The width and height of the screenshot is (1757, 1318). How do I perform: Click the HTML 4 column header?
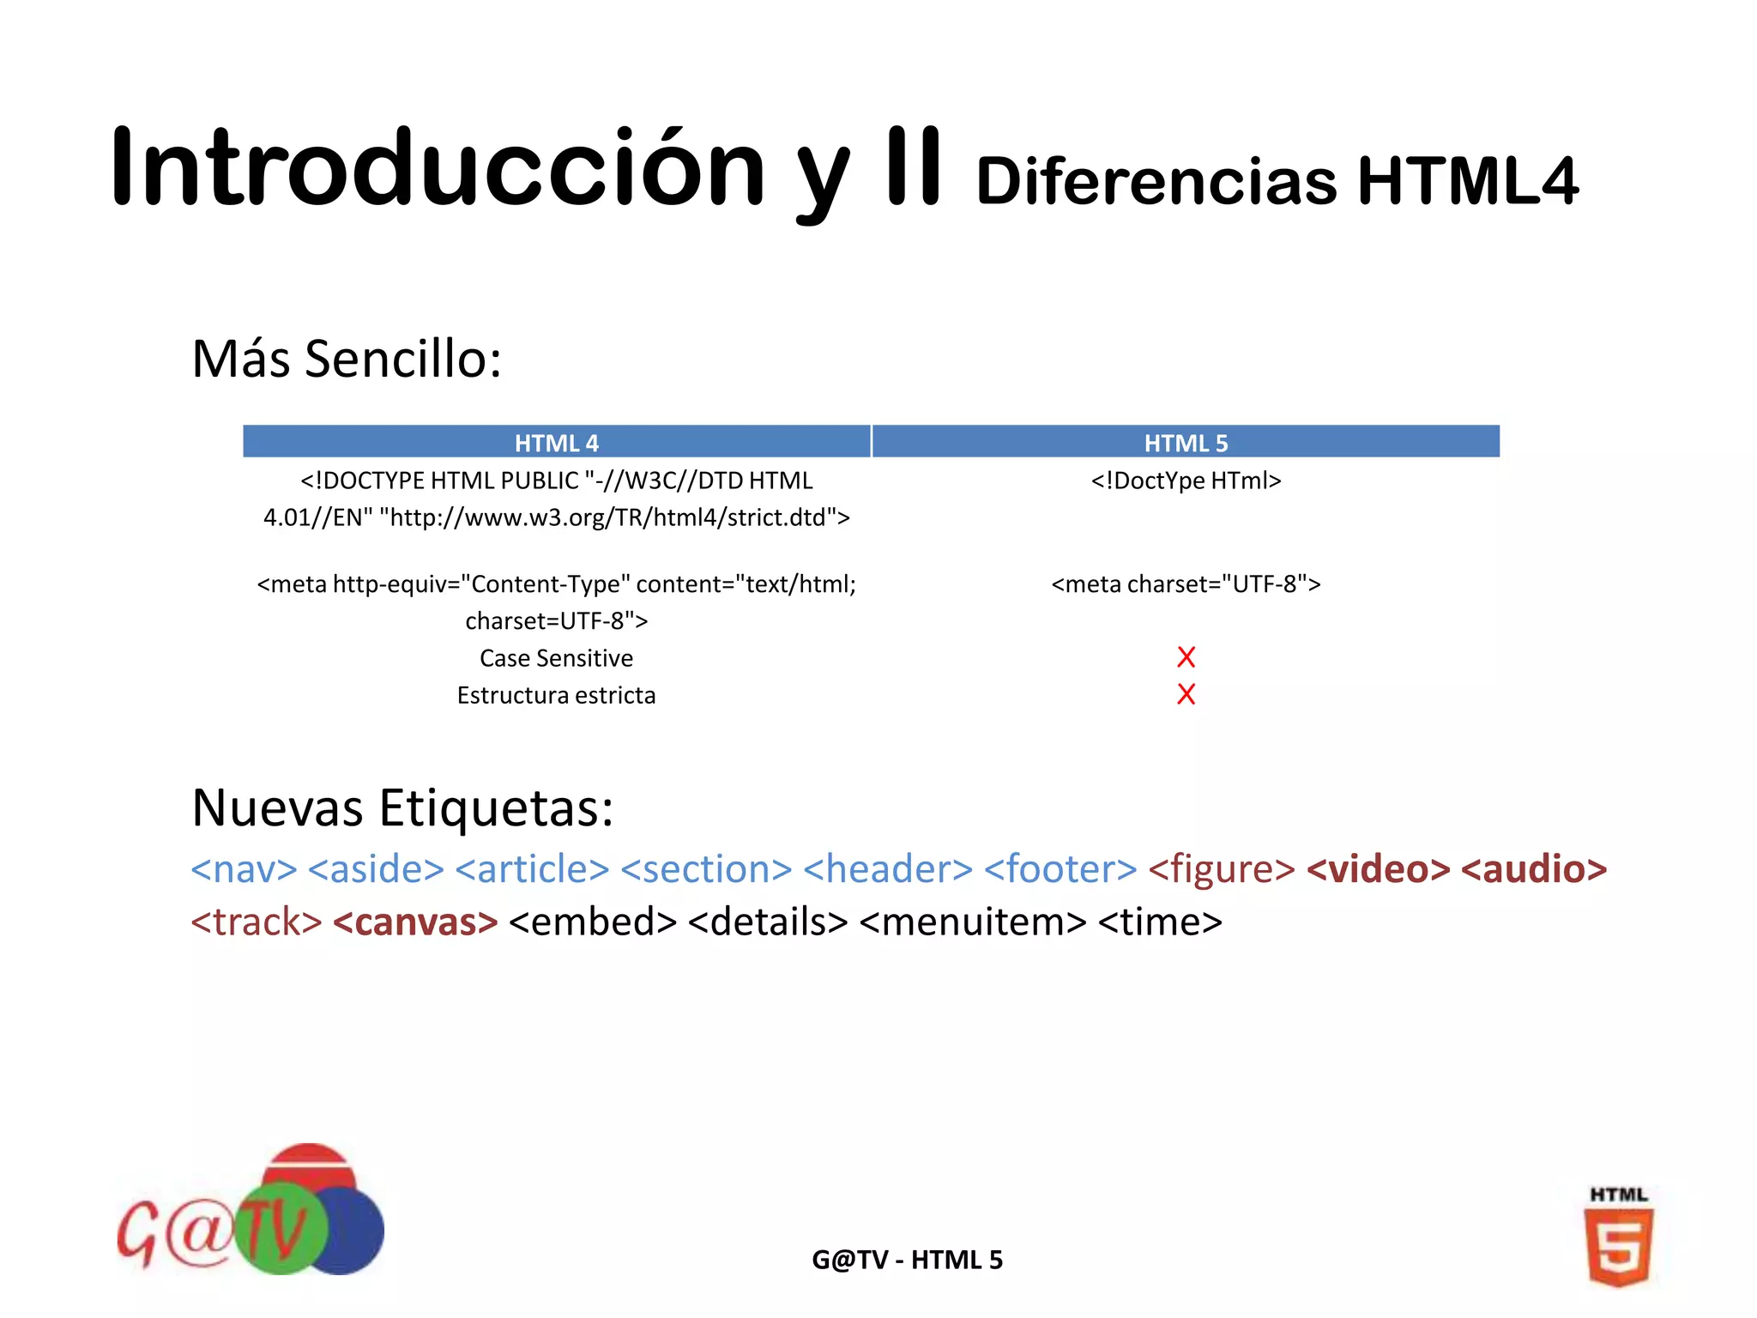pos(556,443)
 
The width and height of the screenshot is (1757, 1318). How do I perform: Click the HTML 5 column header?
pos(1186,443)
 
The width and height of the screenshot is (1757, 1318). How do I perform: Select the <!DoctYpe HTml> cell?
pos(1186,481)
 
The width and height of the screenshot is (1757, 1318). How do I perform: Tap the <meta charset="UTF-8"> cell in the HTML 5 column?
pos(1186,584)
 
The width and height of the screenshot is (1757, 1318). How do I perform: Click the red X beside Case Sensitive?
pos(1186,657)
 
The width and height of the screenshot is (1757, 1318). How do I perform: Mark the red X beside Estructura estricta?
pos(1186,694)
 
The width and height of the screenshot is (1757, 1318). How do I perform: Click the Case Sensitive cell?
pos(556,658)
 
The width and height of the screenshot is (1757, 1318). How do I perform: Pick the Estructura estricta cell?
pos(556,695)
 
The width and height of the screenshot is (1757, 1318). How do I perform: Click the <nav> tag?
pos(244,869)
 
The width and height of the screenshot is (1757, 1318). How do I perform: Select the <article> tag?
pos(532,869)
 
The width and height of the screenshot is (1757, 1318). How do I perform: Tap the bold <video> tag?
pos(1378,869)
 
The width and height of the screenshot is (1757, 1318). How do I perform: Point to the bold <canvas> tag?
pos(415,922)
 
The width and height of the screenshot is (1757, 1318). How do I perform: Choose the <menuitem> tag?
pos(973,922)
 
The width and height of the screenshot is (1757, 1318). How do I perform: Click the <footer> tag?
pos(1060,869)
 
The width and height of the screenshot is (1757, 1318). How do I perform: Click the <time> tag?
pos(1160,922)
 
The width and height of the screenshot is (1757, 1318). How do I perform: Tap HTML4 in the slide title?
pos(1467,182)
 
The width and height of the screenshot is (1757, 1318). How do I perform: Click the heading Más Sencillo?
pos(347,359)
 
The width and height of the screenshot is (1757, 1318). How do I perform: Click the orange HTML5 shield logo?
pos(1618,1246)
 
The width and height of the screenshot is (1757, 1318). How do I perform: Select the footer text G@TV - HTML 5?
pos(907,1260)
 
